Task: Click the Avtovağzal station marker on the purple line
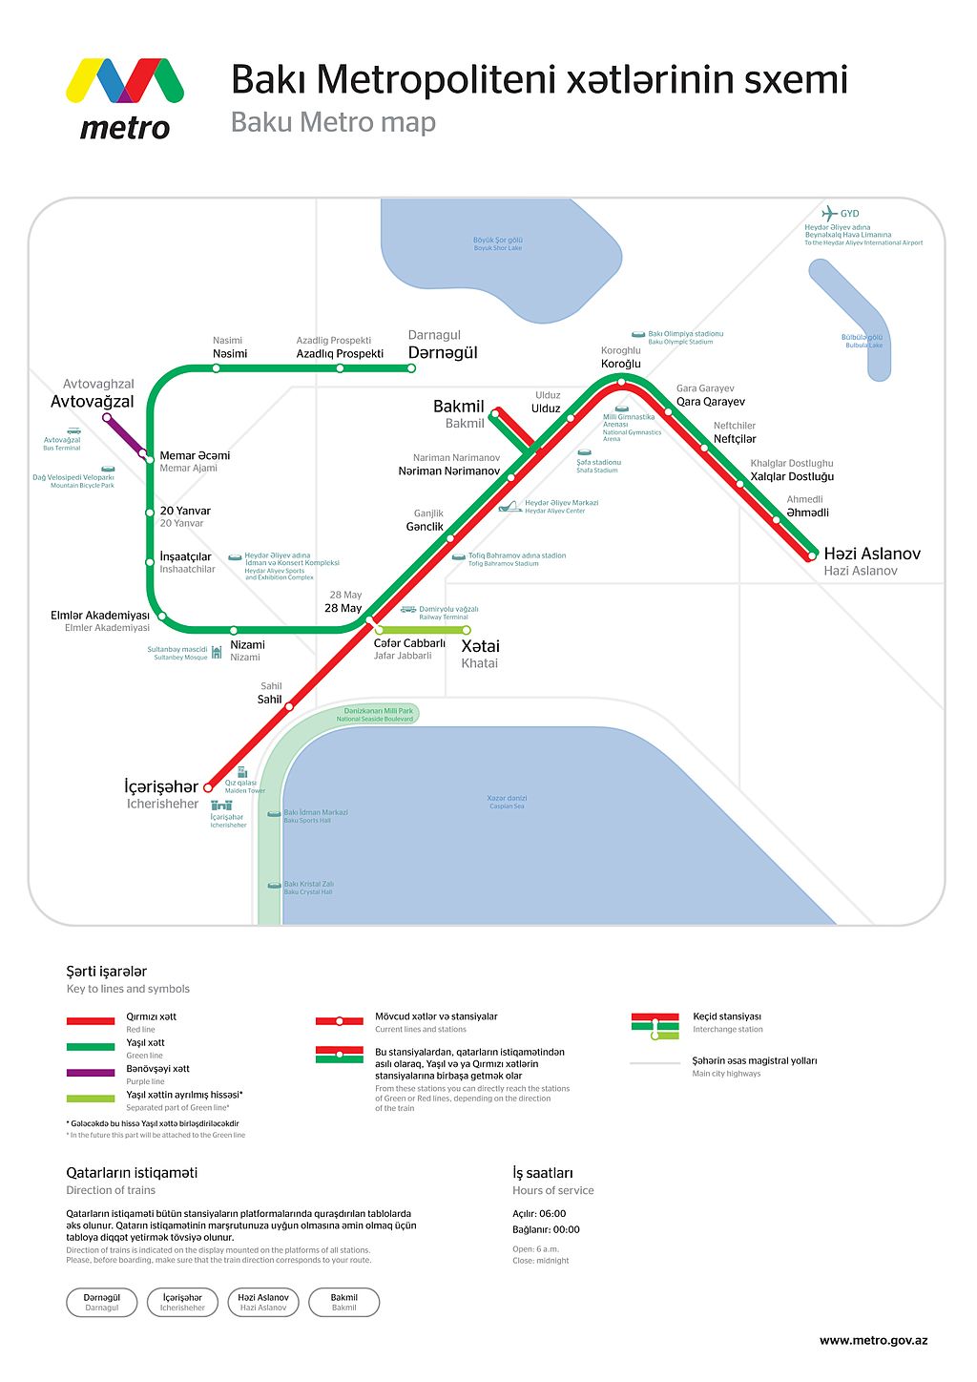(107, 417)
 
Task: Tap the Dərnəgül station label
(443, 352)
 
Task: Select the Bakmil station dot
(494, 412)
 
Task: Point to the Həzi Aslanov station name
(872, 554)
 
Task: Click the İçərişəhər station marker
(209, 787)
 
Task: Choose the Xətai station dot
(467, 630)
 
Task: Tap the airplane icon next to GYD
(829, 214)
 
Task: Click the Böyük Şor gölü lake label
(498, 241)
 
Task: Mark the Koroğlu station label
(621, 364)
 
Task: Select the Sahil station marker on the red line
(289, 706)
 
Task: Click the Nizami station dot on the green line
(234, 630)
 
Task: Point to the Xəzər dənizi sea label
(507, 799)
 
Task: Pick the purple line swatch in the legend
(91, 1073)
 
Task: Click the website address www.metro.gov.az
(873, 1340)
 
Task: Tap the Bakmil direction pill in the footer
(343, 1302)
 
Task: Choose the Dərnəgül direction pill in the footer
(102, 1302)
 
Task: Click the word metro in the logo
(125, 128)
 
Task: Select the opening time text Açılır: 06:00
(539, 1214)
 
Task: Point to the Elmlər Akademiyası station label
(100, 616)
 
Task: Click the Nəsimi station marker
(217, 367)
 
